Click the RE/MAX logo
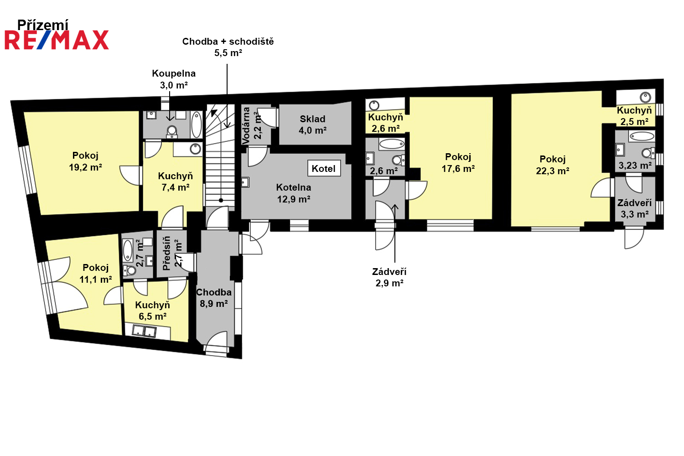click(x=57, y=40)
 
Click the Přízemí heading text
click(x=43, y=25)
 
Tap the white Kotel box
click(x=324, y=168)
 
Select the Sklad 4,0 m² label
click(x=312, y=124)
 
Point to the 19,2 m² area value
click(x=85, y=167)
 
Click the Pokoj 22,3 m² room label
click(x=552, y=165)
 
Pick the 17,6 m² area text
click(x=458, y=169)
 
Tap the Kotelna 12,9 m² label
click(x=294, y=193)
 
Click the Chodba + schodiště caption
click(x=228, y=41)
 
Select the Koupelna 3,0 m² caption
click(x=174, y=79)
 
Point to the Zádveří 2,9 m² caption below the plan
click(x=389, y=277)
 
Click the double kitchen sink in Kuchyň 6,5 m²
click(x=144, y=331)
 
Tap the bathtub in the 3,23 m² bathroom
click(x=642, y=136)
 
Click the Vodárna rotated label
click(x=246, y=125)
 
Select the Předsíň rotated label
click(x=166, y=253)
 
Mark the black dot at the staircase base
click(x=221, y=200)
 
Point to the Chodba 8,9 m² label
click(x=213, y=298)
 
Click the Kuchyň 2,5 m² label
click(x=634, y=116)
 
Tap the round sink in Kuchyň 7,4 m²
click(x=195, y=149)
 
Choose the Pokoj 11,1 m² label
click(x=96, y=274)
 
